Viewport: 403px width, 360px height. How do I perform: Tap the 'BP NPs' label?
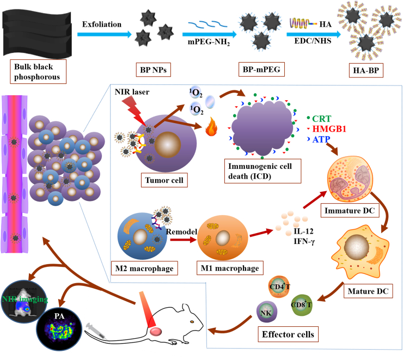coord(148,70)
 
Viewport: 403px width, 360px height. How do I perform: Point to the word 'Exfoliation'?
coord(100,25)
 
